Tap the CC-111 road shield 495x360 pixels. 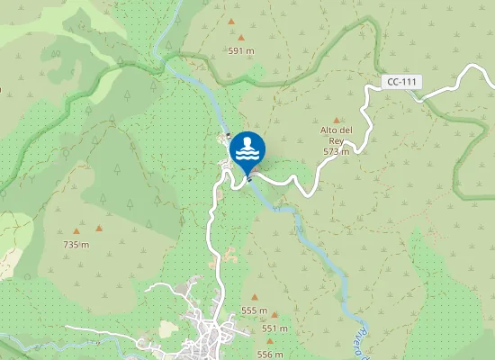[x=400, y=82]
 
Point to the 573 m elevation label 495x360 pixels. [x=336, y=152]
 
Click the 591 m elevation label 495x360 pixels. [x=241, y=51]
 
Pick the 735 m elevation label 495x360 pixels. [x=76, y=245]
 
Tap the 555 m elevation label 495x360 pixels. [x=255, y=310]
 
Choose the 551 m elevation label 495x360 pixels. [x=274, y=328]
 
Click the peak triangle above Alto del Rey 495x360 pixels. [x=337, y=120]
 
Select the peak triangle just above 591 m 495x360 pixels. [x=240, y=38]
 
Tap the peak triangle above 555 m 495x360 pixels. [x=255, y=297]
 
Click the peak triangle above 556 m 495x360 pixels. [x=269, y=341]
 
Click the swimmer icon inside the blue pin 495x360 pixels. [x=247, y=147]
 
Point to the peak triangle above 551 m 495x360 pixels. [x=274, y=315]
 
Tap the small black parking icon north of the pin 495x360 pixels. [x=229, y=137]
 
